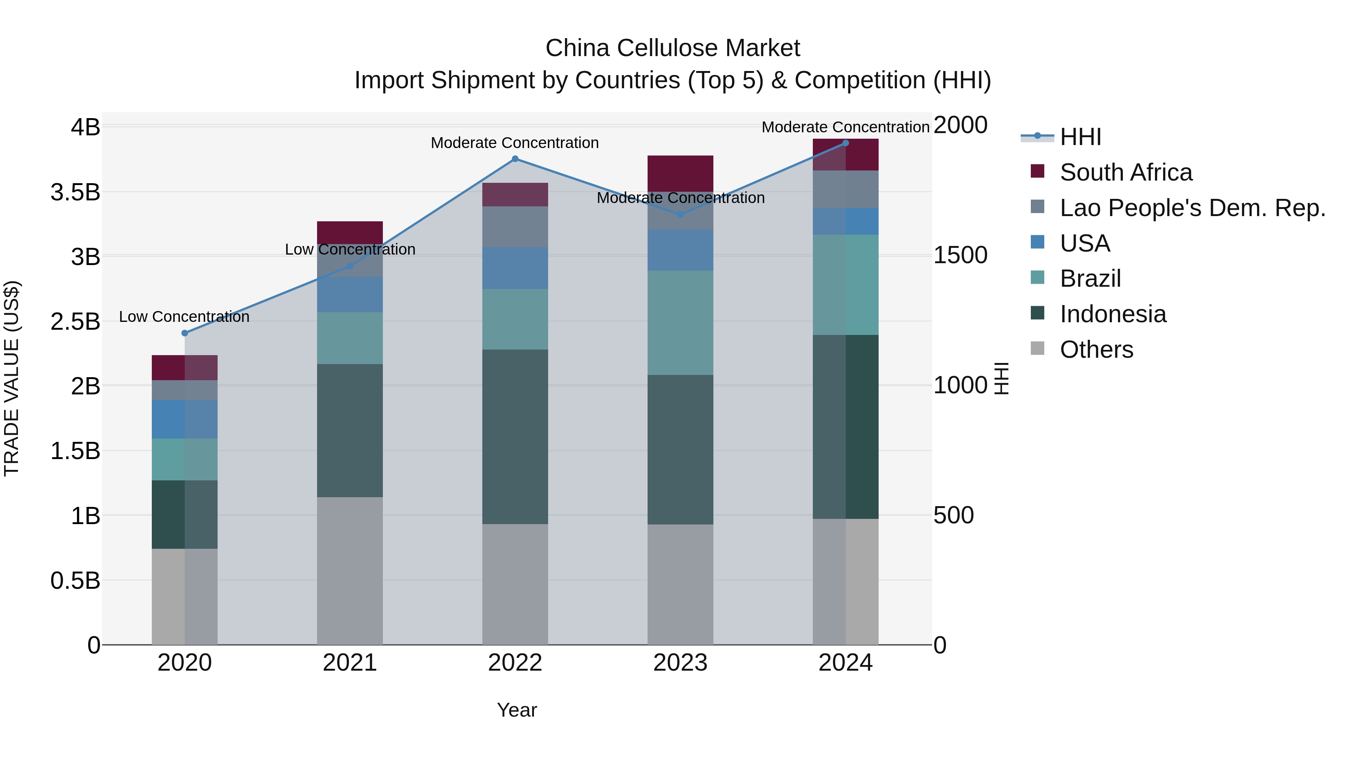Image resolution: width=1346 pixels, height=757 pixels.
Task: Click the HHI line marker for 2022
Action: click(515, 159)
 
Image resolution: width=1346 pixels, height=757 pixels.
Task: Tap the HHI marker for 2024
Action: click(845, 143)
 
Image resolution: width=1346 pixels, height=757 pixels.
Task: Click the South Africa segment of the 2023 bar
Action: click(680, 173)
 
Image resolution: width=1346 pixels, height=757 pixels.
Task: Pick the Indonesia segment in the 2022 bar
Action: click(515, 437)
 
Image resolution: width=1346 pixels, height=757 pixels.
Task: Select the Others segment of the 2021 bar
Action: click(350, 570)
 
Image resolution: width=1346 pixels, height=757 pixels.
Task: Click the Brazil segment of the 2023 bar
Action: click(680, 323)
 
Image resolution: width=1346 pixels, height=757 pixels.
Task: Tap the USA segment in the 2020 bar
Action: click(184, 419)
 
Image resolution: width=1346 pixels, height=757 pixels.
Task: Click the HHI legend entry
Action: click(1080, 137)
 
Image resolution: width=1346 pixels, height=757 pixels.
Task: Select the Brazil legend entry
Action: click(1090, 279)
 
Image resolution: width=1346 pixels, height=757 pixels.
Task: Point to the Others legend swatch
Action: click(1037, 348)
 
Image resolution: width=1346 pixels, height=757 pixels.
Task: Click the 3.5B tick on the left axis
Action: click(75, 192)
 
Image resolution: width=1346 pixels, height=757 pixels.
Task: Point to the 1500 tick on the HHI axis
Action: click(961, 255)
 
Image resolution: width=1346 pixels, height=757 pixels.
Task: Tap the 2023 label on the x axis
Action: click(680, 663)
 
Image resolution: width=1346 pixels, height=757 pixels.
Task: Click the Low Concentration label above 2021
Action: click(350, 249)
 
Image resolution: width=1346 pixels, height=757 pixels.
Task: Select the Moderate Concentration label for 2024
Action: click(845, 127)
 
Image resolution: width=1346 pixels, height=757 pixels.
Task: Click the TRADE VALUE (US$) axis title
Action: click(12, 378)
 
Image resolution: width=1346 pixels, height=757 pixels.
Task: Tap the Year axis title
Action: click(517, 710)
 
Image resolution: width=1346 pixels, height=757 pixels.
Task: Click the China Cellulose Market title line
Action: click(673, 48)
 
